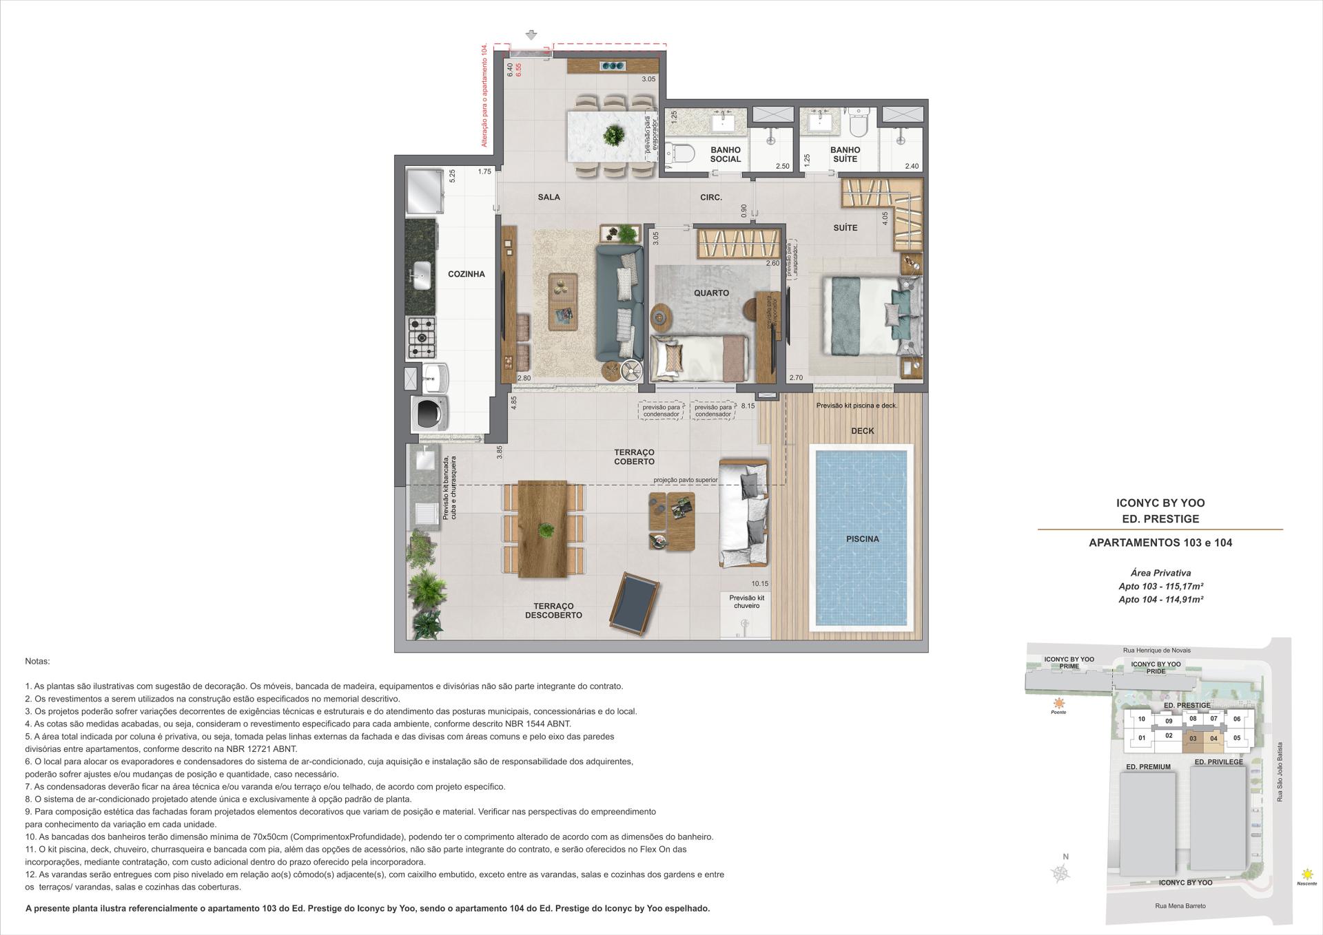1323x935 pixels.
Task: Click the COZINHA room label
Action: pos(466,274)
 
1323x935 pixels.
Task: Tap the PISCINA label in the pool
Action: pos(862,539)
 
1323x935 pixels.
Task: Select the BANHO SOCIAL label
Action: pos(725,154)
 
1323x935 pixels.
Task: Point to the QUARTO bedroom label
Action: pos(711,293)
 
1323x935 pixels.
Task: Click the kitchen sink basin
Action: pos(421,275)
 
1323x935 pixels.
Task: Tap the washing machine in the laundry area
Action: pos(429,413)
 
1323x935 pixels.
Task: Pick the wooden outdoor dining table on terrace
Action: pos(543,529)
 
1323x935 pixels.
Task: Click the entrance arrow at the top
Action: pos(531,34)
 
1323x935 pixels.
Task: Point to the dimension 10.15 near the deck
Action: pos(760,584)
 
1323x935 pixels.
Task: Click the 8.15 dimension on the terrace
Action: pos(748,406)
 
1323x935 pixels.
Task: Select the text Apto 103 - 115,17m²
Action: pos(1160,586)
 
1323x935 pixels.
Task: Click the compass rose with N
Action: pos(1062,873)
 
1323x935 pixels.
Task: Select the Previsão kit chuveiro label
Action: pos(746,602)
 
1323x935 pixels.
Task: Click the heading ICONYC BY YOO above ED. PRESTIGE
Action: pos(1160,503)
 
